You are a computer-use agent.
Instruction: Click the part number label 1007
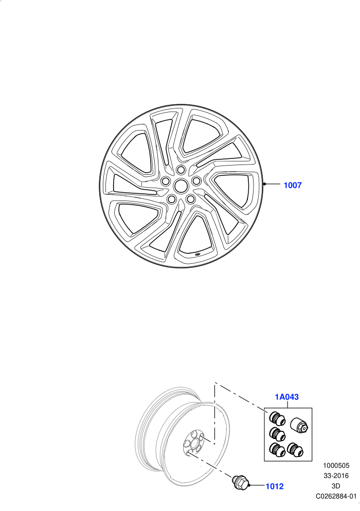click(293, 185)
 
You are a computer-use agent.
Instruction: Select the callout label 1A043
click(286, 397)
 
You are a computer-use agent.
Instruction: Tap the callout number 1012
click(275, 486)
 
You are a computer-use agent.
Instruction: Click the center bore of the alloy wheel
click(179, 186)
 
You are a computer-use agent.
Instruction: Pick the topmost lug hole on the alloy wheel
click(181, 170)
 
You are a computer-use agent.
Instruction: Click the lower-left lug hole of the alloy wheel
click(171, 198)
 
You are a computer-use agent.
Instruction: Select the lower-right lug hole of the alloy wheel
click(190, 198)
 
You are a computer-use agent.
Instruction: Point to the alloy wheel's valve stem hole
click(198, 253)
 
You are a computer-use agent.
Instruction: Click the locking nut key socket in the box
click(299, 425)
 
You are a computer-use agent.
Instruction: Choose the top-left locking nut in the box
click(277, 418)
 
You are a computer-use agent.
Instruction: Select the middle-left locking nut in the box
click(277, 434)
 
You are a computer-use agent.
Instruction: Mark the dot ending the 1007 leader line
click(264, 184)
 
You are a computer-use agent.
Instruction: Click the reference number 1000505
click(336, 466)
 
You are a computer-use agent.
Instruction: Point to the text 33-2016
click(336, 476)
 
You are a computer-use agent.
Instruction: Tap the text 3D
click(336, 486)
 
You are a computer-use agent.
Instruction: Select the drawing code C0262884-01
click(336, 496)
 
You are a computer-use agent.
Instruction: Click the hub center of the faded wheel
click(194, 443)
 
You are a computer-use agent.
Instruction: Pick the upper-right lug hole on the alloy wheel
click(196, 180)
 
